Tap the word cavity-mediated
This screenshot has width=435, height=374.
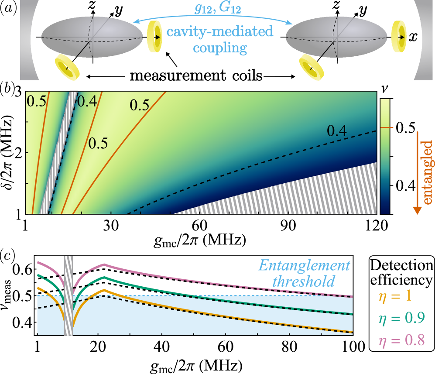pos(220,31)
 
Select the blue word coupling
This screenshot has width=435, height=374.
pos(220,47)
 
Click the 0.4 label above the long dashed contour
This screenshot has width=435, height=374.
pos(336,130)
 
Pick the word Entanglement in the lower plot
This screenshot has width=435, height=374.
pos(304,266)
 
